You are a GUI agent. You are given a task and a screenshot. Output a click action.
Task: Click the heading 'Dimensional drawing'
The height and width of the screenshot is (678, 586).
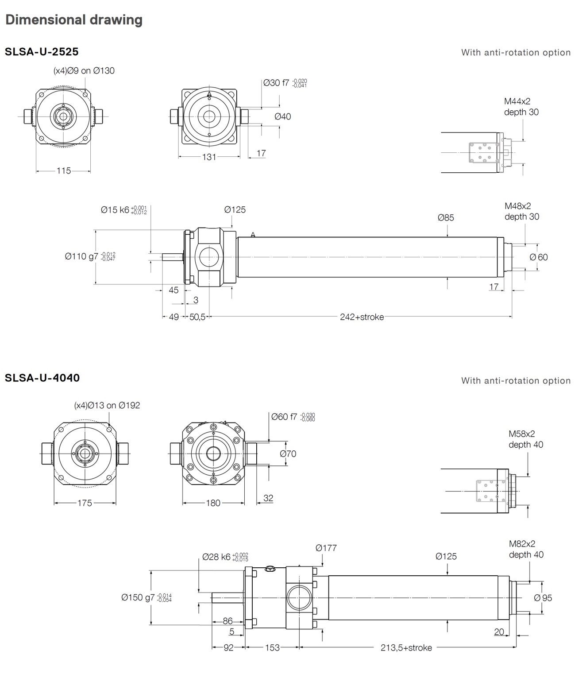[74, 20]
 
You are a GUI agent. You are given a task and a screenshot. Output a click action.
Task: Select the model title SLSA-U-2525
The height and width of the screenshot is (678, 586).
[42, 51]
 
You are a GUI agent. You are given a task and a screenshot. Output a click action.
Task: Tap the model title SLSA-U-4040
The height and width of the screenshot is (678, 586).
[42, 378]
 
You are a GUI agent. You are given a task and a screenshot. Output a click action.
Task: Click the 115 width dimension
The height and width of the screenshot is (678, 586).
[63, 170]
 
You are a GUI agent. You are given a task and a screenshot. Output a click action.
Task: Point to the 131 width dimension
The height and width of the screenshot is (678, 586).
[209, 157]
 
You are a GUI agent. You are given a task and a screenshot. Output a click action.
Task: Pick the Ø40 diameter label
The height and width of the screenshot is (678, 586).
[282, 116]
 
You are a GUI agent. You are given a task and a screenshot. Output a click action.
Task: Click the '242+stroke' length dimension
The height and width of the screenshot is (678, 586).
[362, 317]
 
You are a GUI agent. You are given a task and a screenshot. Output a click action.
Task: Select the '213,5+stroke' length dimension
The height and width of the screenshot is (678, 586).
[406, 647]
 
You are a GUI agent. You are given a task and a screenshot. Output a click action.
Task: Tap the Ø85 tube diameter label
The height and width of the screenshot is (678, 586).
[446, 217]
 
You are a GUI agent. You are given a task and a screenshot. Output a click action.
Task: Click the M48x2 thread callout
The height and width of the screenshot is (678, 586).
[517, 206]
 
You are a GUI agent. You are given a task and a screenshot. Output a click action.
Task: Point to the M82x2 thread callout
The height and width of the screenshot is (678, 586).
[522, 544]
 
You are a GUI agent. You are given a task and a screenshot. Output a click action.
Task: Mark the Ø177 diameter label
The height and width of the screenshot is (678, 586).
[326, 548]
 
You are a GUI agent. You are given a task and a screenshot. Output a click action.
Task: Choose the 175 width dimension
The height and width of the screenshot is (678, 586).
[85, 503]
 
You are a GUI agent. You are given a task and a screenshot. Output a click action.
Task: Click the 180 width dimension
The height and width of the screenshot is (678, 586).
[213, 503]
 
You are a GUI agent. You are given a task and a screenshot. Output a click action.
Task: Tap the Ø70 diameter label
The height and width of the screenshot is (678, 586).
[288, 453]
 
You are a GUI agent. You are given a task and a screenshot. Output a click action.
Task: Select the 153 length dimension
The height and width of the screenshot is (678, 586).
[272, 647]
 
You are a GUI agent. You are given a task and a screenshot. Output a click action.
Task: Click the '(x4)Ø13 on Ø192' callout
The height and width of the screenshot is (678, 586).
[107, 405]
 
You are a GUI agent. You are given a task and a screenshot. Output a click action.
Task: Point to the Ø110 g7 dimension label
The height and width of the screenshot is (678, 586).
[90, 256]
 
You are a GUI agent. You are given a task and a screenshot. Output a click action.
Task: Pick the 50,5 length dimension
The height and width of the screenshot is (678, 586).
[197, 317]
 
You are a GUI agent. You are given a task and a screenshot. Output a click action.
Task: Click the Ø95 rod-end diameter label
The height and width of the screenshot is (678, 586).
[543, 598]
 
